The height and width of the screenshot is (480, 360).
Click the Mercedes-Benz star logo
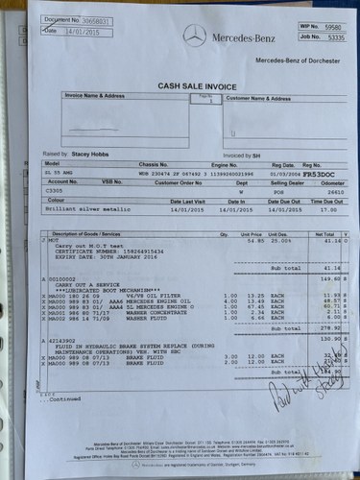[x=196, y=36]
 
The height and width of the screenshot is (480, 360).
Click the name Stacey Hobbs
[x=84, y=154]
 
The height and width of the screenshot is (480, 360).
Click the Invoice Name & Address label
[x=97, y=97]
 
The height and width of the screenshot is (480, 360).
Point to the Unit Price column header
[x=251, y=233]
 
